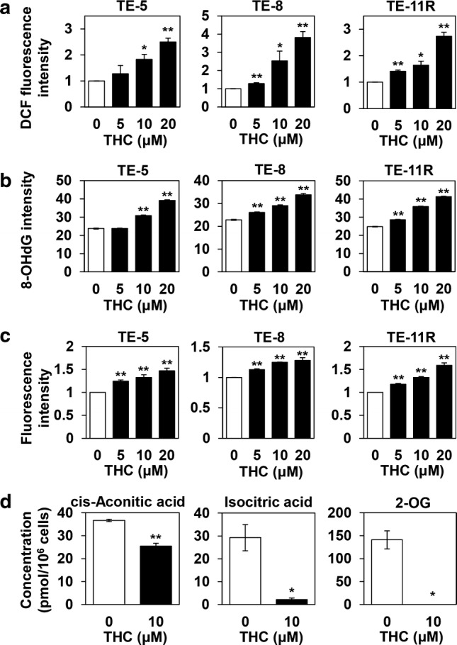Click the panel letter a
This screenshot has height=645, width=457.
coord(10,11)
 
